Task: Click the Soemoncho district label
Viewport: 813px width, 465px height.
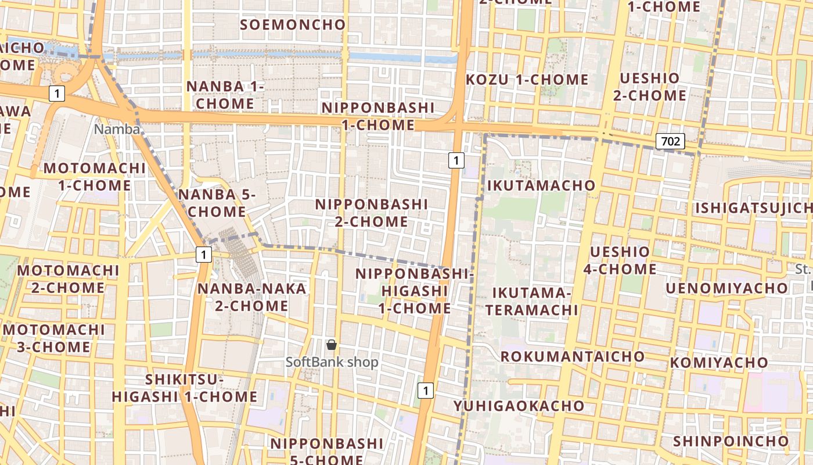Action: click(x=293, y=24)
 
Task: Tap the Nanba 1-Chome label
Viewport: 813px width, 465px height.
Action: click(x=225, y=95)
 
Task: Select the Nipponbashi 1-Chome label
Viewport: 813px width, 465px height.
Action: click(x=378, y=116)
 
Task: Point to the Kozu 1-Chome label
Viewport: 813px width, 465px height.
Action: click(x=527, y=79)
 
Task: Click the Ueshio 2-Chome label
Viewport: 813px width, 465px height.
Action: click(x=649, y=87)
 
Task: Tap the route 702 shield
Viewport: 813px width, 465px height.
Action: click(x=671, y=141)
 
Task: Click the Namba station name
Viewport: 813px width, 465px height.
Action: click(x=117, y=129)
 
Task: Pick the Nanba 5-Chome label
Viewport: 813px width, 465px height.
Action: click(x=217, y=203)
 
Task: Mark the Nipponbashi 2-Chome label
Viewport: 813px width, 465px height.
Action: click(x=372, y=213)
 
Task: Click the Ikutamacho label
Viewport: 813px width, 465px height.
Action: click(x=541, y=185)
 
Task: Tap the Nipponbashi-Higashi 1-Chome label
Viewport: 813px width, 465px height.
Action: click(x=415, y=291)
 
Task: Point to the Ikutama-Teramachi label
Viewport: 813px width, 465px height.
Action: click(x=532, y=301)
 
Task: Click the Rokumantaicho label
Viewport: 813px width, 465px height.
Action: click(x=573, y=356)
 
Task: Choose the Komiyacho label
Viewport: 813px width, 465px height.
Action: click(x=719, y=363)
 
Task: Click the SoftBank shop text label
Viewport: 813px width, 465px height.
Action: click(x=332, y=362)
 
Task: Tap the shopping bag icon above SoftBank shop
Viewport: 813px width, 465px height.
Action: click(x=332, y=345)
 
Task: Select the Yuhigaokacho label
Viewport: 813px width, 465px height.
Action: click(x=519, y=405)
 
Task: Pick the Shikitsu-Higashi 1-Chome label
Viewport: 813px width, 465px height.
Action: click(x=184, y=388)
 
